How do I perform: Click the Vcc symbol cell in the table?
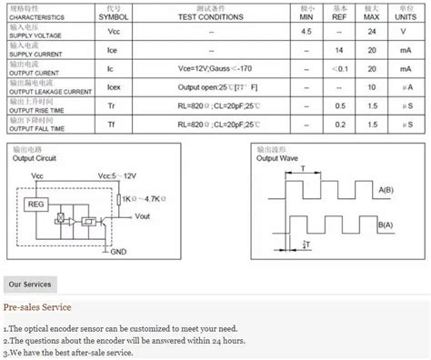114,31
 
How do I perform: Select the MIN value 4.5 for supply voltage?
308,31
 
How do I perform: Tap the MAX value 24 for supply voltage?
372,31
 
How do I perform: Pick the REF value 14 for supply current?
339,50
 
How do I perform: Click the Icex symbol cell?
114,89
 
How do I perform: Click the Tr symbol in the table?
114,107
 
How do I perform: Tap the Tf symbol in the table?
114,126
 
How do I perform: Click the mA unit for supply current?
406,50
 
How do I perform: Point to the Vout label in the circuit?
143,216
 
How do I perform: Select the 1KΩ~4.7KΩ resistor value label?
145,197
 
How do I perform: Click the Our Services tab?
30,285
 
